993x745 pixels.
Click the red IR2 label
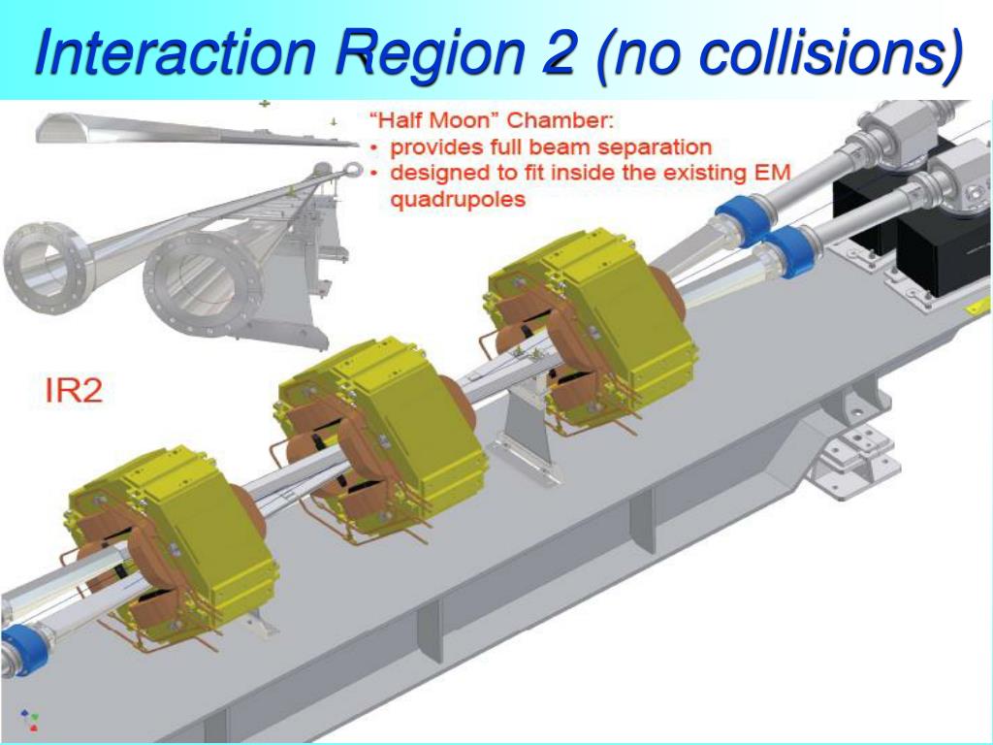(x=74, y=390)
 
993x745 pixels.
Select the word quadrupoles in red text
(x=458, y=200)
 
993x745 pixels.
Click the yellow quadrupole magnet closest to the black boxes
(x=593, y=330)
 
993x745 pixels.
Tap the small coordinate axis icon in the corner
(x=29, y=720)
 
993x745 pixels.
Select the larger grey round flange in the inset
(x=203, y=284)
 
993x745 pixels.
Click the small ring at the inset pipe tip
(x=352, y=170)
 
